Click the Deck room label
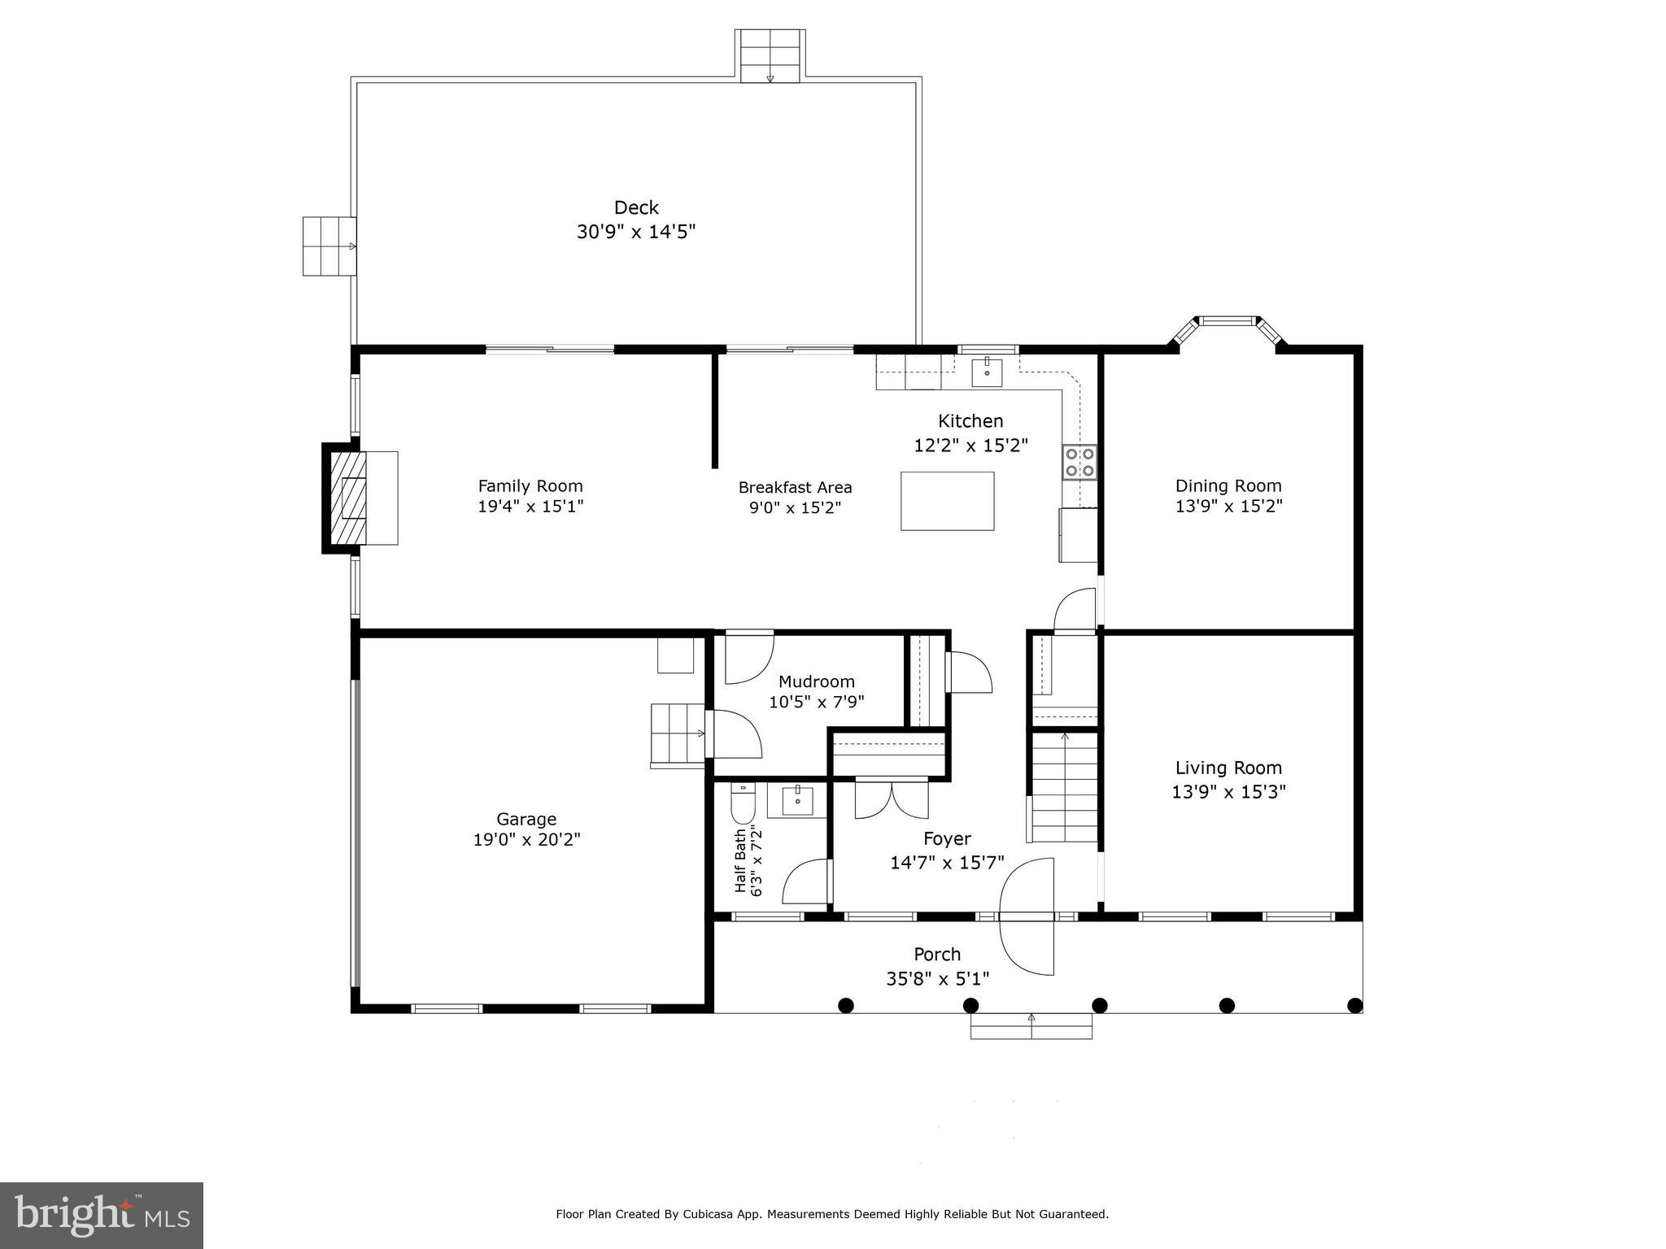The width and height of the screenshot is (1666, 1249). tap(635, 208)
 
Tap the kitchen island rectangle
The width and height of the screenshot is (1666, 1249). tap(947, 501)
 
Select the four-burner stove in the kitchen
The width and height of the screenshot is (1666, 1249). tap(1079, 462)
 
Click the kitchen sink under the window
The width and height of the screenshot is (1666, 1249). tap(987, 372)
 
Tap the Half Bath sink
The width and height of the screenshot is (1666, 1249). tap(797, 800)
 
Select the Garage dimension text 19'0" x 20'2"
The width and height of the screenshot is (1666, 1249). tap(526, 839)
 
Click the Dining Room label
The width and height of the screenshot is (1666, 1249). tap(1228, 485)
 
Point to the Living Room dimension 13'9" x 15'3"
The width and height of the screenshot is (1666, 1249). tap(1228, 791)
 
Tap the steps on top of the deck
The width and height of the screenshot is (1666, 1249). tap(770, 55)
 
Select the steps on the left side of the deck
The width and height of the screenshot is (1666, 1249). tap(329, 246)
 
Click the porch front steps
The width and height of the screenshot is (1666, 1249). tap(1031, 1026)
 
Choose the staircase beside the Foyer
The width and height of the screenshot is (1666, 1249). tap(1065, 787)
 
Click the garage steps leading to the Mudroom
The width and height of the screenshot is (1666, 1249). tap(677, 735)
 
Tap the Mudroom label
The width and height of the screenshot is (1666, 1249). tap(816, 681)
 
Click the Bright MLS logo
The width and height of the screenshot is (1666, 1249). tap(102, 1215)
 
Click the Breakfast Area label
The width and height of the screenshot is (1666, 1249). tap(795, 487)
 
